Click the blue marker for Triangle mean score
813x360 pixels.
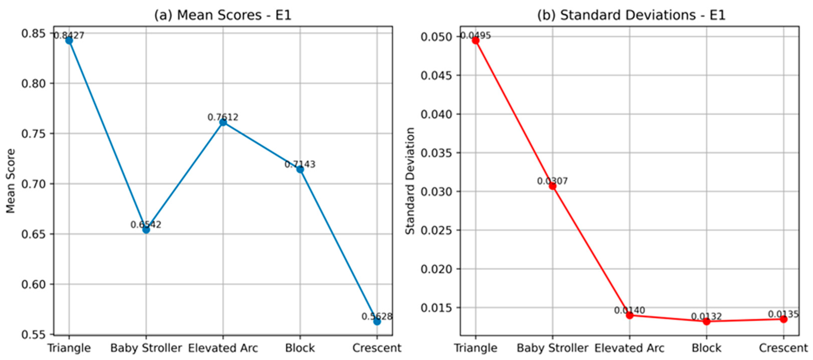69,40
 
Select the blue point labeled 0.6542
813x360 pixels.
146,230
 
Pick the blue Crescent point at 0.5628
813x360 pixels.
377,322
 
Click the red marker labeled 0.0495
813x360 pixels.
476,40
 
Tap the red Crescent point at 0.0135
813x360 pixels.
784,319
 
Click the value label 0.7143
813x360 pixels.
300,164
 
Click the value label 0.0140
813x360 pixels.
629,311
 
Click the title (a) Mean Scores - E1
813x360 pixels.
223,15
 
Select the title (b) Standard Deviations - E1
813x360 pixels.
631,15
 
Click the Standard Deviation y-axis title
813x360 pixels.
410,181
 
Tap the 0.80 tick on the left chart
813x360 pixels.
33,83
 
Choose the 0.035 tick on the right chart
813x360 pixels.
437,153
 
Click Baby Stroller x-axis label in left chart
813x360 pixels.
146,348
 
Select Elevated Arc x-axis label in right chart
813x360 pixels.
629,348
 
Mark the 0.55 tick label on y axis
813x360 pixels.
33,334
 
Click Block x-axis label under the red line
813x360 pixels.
707,348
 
